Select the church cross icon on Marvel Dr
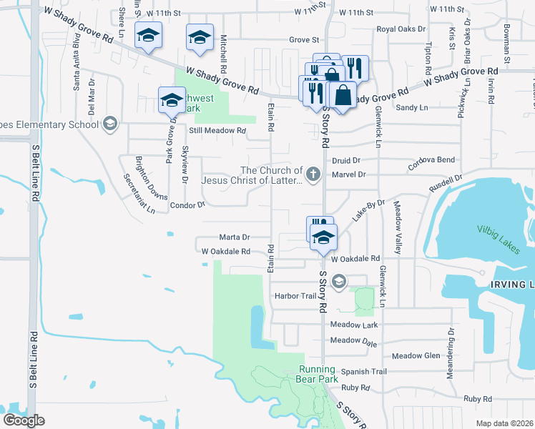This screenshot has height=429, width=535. pos(313,174)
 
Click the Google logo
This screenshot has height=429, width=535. pos(24,420)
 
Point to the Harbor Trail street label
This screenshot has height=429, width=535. pos(294,296)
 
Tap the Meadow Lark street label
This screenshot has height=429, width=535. pos(353,325)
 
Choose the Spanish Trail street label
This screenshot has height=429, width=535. pos(363,371)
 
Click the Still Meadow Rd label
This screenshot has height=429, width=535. pos(217,131)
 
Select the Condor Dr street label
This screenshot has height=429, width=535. pos(187,204)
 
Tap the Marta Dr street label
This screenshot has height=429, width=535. pos(234,237)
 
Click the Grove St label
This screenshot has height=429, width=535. pos(303,40)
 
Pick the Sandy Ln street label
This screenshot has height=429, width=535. pos(411,107)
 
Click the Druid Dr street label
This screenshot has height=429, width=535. pos(346,161)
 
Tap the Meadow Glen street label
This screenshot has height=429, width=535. pos(416,355)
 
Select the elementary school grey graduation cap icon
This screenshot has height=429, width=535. pos(109,124)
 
